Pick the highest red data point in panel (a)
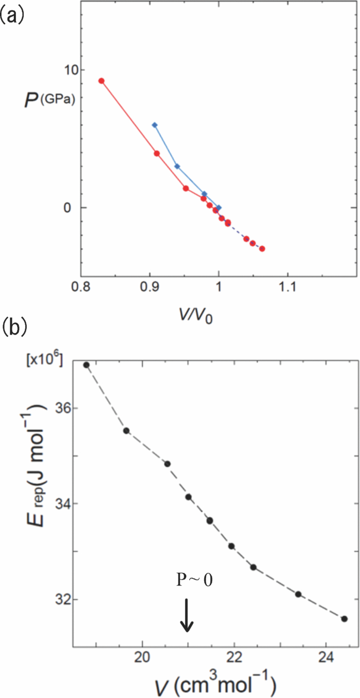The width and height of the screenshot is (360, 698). pyautogui.click(x=101, y=81)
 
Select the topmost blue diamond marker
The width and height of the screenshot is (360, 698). pyautogui.click(x=154, y=125)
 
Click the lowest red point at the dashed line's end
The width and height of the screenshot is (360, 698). pyautogui.click(x=262, y=249)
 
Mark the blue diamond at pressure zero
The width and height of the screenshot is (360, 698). pyautogui.click(x=219, y=208)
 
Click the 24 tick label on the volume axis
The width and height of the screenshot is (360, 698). pyautogui.click(x=326, y=660)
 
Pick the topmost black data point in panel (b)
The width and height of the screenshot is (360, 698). pyautogui.click(x=86, y=365)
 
